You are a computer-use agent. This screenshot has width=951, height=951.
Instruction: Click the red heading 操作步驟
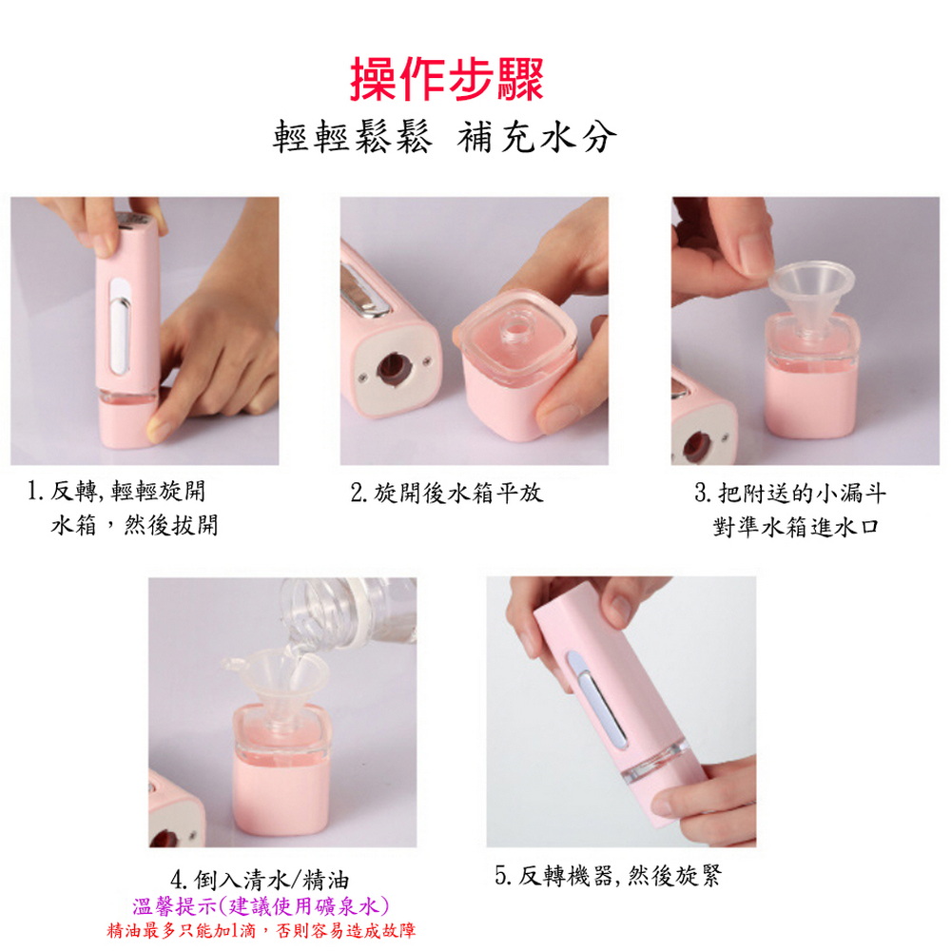pos(446,79)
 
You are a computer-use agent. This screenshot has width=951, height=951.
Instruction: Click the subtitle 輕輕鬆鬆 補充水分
pos(444,136)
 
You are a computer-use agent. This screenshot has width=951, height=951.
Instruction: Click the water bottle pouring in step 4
pos(349,612)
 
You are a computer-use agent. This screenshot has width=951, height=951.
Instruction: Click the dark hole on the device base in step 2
pos(393,368)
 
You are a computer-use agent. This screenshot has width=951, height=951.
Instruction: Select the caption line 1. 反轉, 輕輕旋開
pos(116,492)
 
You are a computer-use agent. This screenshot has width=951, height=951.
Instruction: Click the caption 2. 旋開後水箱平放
pos(446,493)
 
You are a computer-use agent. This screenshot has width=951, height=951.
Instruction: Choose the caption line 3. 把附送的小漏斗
pos(790,493)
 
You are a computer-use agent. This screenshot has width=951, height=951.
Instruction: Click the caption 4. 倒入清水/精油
pos(260,880)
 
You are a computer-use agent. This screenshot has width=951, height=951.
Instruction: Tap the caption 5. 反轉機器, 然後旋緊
pos(608,875)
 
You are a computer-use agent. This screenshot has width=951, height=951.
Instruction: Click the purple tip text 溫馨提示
pos(173,906)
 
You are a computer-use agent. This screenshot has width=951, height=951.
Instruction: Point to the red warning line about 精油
pos(262,930)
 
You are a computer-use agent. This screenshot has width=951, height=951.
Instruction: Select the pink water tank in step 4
pos(281,770)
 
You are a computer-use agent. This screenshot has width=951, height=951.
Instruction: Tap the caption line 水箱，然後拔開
pos(134,525)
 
